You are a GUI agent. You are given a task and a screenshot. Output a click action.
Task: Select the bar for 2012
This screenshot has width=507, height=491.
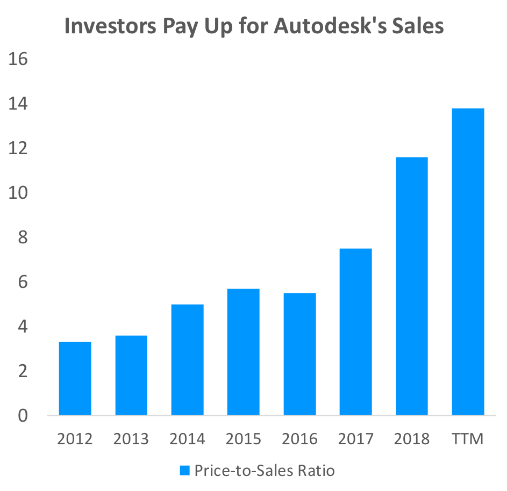click(75, 379)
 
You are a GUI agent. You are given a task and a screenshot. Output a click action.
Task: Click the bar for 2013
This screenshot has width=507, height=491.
click(131, 376)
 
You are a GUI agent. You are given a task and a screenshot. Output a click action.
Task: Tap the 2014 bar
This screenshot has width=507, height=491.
click(187, 360)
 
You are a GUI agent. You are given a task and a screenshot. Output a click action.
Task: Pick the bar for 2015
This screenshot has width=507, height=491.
click(243, 352)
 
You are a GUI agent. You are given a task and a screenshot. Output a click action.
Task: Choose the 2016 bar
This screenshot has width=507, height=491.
click(299, 354)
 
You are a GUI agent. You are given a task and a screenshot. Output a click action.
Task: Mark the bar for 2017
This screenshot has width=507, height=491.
click(355, 332)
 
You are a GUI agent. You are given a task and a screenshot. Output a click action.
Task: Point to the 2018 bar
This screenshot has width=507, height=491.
click(412, 286)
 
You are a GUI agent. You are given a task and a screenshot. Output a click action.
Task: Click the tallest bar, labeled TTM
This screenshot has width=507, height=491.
click(468, 262)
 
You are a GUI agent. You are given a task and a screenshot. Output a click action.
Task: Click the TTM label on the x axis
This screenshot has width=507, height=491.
click(468, 439)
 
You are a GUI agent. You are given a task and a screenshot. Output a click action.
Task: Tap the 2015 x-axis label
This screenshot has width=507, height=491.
click(243, 439)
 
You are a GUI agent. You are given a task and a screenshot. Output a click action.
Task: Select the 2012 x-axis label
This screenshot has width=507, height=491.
click(75, 439)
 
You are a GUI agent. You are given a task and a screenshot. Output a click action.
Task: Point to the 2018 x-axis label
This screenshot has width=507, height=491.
click(412, 439)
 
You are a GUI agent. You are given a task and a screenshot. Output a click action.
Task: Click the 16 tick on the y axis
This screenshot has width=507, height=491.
click(18, 59)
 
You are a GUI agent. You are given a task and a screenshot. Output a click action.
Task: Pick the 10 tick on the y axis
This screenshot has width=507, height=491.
click(18, 193)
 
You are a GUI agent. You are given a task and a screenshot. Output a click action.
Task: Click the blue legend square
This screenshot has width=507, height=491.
click(184, 471)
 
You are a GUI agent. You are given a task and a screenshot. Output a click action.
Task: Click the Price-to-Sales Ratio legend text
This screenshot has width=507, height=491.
click(265, 471)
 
